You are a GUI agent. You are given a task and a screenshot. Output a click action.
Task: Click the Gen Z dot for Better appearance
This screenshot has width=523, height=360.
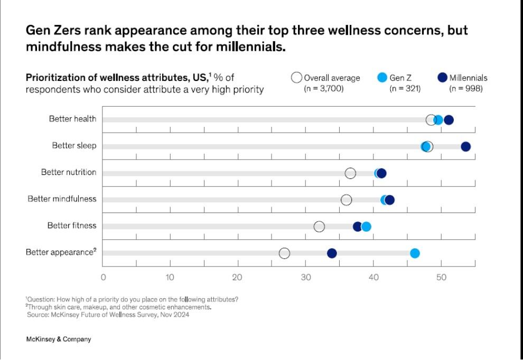tap(415, 253)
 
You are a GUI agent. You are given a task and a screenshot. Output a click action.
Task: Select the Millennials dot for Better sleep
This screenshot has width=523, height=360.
tap(465, 146)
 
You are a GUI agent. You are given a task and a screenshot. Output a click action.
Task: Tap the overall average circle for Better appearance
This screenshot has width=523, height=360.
tap(284, 253)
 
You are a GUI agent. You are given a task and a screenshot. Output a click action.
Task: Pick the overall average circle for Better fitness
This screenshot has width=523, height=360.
tap(319, 227)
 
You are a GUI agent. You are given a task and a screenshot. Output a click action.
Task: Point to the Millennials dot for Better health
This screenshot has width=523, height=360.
tap(449, 120)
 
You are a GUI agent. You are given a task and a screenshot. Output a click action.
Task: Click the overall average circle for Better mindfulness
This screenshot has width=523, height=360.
tap(346, 200)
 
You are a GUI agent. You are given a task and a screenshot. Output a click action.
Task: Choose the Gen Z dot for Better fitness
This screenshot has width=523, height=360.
tap(366, 227)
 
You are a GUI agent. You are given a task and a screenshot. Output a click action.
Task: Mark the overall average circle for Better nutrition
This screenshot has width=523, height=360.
tap(350, 173)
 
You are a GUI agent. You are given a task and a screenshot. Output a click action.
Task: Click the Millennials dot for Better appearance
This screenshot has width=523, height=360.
tap(332, 253)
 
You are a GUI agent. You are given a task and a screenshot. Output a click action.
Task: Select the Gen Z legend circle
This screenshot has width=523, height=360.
tap(382, 78)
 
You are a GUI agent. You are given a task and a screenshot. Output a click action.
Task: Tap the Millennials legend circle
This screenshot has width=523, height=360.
tap(443, 78)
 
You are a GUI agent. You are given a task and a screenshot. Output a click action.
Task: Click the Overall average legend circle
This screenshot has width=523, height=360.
tap(297, 78)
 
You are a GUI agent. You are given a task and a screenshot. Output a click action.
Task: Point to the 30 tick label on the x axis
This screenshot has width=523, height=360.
tap(306, 276)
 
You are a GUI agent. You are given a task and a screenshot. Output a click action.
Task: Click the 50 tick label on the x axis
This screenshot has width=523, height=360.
tap(442, 276)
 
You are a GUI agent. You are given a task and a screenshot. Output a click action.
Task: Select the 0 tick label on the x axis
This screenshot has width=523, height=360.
tap(103, 276)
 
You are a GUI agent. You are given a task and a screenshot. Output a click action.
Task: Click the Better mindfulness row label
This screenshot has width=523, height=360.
tap(62, 199)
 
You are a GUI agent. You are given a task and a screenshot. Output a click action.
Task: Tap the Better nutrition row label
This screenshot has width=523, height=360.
tap(69, 172)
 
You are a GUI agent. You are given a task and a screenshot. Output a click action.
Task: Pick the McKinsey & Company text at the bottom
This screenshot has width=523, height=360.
tap(58, 339)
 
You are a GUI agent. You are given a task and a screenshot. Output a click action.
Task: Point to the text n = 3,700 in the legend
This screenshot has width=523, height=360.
tap(324, 88)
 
